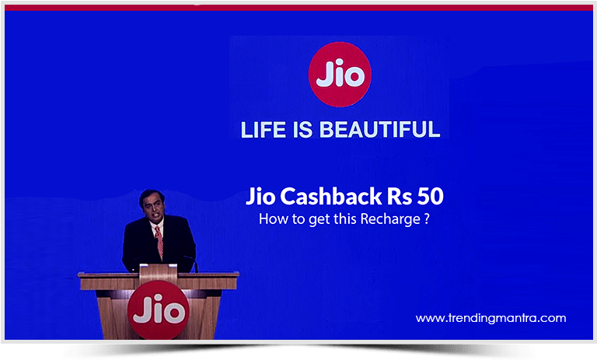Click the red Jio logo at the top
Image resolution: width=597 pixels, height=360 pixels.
[x=340, y=75]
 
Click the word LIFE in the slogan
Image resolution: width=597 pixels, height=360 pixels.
[x=265, y=129]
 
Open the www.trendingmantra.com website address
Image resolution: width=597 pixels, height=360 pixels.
[x=491, y=318]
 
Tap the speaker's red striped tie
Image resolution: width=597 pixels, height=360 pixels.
[x=159, y=242]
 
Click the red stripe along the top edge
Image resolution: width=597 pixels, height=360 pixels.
[x=298, y=7]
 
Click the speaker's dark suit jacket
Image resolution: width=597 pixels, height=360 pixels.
[x=138, y=245]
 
